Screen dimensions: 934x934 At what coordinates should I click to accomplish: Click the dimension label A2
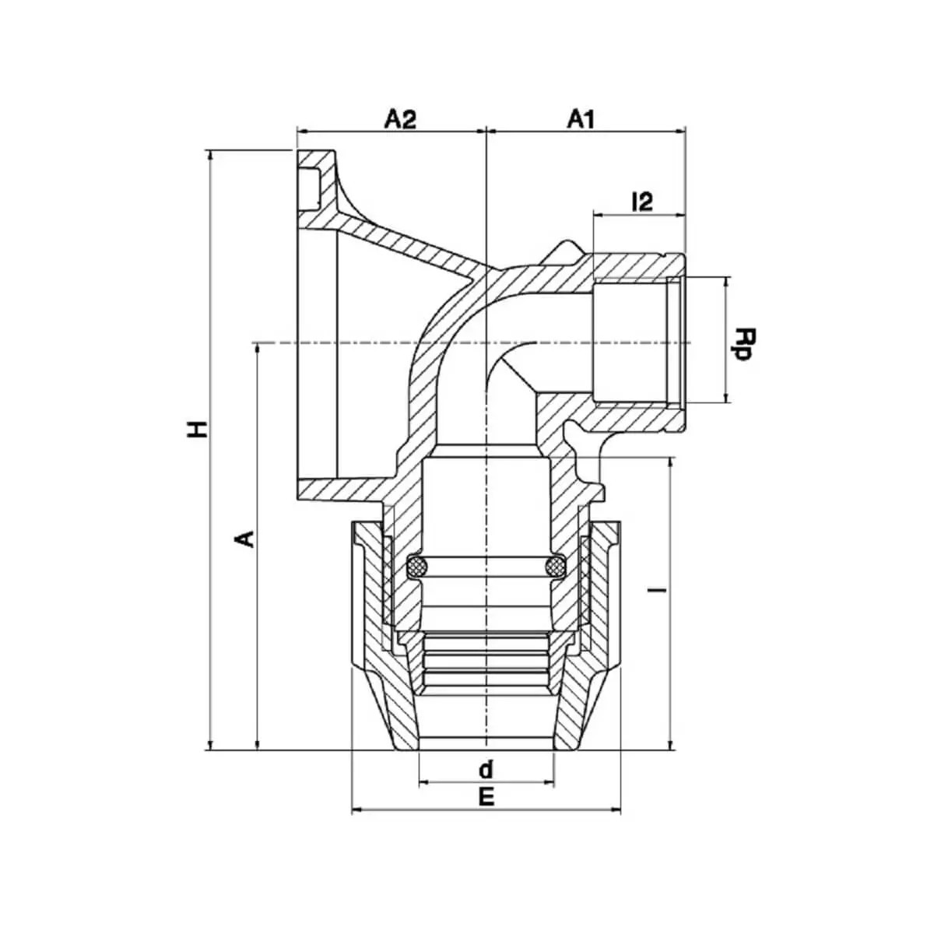400,119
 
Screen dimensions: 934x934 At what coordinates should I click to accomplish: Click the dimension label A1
581,119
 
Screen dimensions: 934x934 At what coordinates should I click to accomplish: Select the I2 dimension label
642,202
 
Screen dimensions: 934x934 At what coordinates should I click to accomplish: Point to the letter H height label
197,429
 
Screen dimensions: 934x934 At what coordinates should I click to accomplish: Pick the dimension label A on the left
247,539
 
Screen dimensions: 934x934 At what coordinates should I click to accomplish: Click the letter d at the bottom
485,769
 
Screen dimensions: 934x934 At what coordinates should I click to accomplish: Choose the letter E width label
486,797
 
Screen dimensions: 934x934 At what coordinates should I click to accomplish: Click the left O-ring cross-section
417,565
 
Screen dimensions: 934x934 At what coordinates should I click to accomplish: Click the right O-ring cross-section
554,565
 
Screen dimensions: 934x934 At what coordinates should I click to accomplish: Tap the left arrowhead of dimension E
356,809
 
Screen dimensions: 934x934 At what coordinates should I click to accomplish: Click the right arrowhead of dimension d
549,781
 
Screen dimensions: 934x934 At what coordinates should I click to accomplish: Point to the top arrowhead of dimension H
210,156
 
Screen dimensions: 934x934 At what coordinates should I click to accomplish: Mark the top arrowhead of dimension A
258,350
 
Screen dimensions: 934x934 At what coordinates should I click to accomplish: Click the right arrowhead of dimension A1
679,130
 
